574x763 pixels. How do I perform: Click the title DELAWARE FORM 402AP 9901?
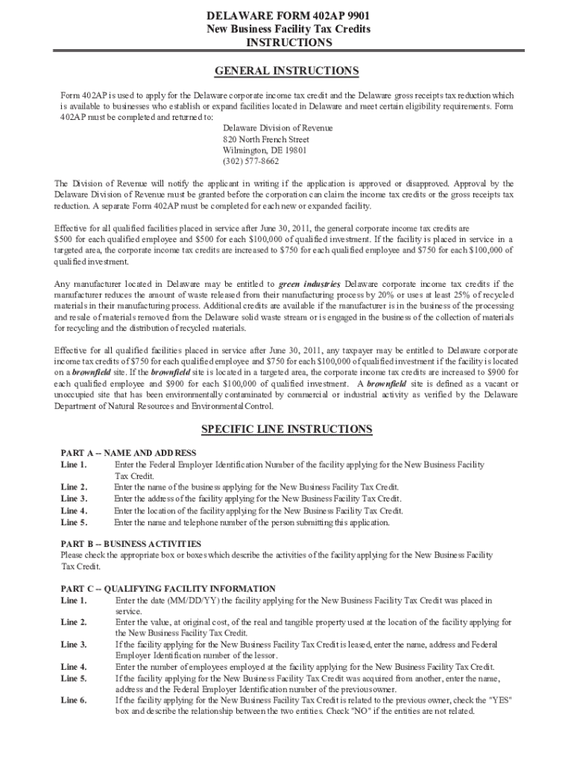(287, 16)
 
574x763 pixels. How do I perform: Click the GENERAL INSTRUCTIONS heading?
(287, 72)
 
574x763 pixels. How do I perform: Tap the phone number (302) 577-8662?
(250, 160)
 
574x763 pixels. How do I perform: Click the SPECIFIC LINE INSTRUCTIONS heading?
(287, 429)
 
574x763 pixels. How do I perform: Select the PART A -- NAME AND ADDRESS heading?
(128, 453)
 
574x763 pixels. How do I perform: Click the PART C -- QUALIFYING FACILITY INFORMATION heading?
(168, 589)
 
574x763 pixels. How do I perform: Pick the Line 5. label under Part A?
(74, 523)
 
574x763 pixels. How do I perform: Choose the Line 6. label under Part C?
(74, 700)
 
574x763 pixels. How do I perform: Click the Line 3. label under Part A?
(74, 498)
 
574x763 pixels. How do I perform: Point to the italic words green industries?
(309, 284)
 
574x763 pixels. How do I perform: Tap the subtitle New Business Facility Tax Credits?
(287, 29)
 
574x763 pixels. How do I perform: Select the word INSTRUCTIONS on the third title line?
(287, 42)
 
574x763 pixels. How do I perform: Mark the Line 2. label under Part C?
(74, 622)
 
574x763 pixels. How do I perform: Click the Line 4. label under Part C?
(74, 667)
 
